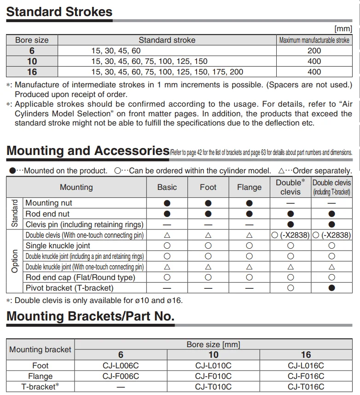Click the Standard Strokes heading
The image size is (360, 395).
[59, 11]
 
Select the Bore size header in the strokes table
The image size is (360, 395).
[32, 40]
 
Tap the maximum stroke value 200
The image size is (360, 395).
[314, 51]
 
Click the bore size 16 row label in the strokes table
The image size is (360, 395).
[32, 72]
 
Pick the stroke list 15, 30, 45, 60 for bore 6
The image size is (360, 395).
[116, 51]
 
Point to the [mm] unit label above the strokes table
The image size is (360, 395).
[343, 29]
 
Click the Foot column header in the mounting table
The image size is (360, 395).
[208, 187]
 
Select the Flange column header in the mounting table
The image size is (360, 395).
[249, 187]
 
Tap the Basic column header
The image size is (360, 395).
[167, 187]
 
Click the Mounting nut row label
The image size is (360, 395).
[49, 203]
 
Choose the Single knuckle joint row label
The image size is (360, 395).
[58, 246]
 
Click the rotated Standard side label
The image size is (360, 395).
[15, 213]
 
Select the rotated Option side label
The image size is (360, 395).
[15, 261]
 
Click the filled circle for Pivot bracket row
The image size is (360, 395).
[331, 288]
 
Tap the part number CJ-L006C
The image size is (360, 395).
[121, 366]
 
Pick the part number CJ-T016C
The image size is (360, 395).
[306, 387]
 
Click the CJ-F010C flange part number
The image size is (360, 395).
[213, 376]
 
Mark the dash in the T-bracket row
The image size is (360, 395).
[121, 387]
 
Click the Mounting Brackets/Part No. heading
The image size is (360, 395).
[90, 316]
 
